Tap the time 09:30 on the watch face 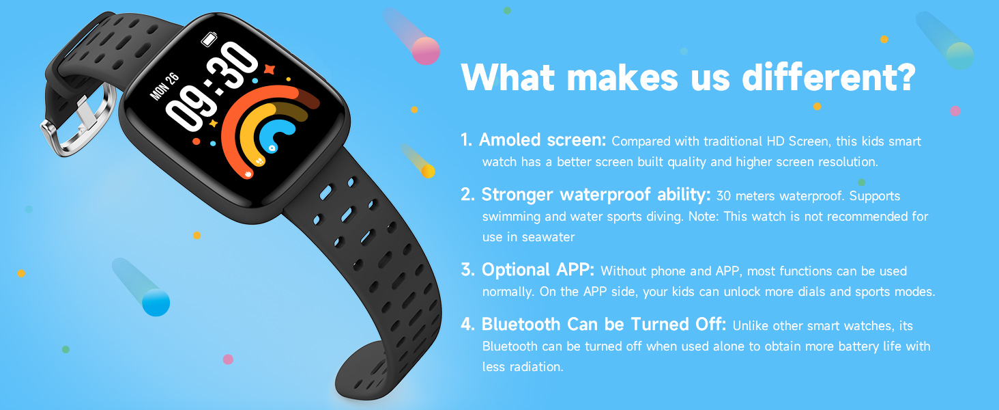[212, 85]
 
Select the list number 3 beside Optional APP [467, 270]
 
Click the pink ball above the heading [426, 51]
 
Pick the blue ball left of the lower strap [156, 302]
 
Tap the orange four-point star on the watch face [269, 70]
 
